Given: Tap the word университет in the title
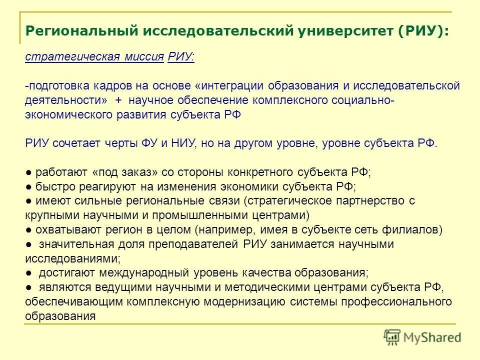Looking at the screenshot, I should click(342, 31).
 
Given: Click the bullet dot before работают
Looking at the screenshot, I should click(29, 172).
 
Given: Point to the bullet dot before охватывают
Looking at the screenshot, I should click(29, 230).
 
